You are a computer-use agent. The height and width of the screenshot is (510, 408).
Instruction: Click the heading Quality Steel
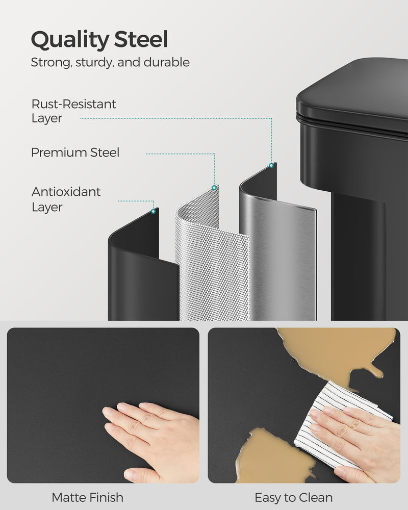pos(99,40)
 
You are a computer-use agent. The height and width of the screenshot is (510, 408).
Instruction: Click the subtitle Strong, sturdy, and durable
pos(110,63)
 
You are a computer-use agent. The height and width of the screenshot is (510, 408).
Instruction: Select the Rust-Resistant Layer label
pos(74,111)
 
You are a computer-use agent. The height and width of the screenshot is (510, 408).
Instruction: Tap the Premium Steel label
pos(75,152)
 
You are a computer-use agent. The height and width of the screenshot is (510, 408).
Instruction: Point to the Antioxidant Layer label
pos(66,199)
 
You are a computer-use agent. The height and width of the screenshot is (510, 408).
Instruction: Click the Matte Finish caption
pos(87,497)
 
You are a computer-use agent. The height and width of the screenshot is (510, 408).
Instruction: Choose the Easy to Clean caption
pos(293,497)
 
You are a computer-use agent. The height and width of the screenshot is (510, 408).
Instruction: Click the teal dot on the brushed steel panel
pos(271,165)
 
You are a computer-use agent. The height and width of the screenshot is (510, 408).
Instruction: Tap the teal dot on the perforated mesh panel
pos(214,188)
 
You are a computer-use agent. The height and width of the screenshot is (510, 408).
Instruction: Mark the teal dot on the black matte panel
pos(154,210)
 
